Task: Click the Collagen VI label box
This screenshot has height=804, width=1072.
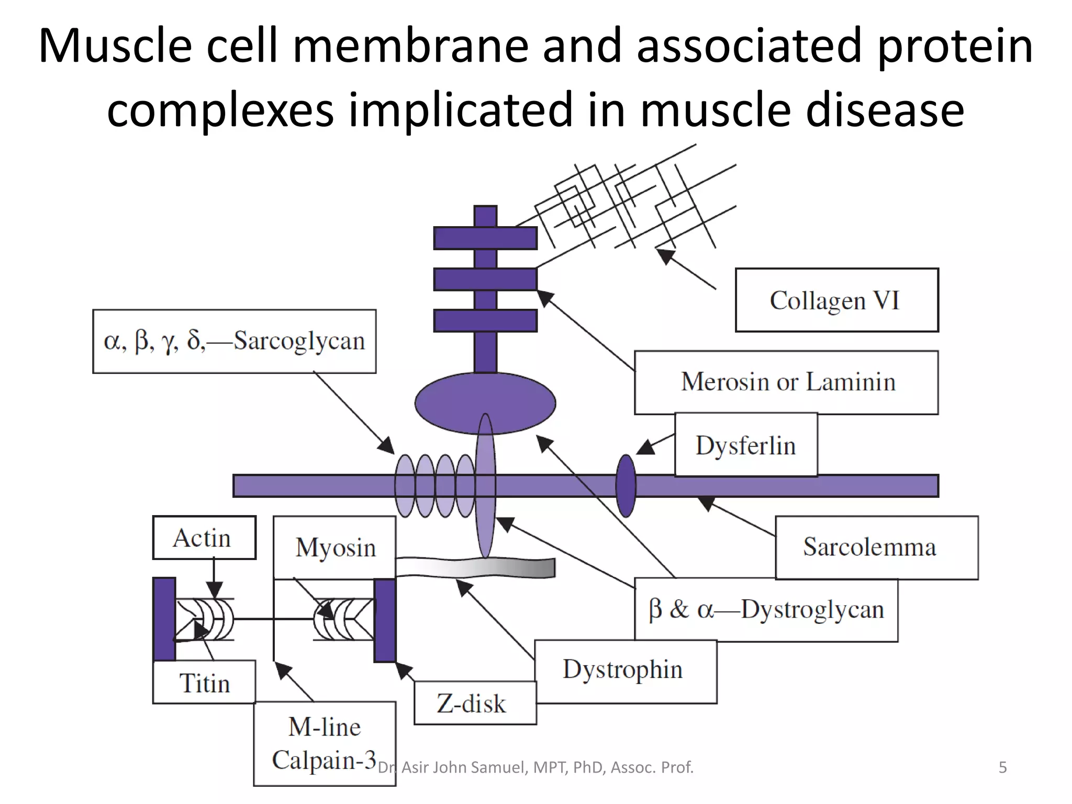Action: (836, 300)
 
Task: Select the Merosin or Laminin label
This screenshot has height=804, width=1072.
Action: (786, 382)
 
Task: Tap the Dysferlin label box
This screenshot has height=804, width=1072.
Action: (745, 445)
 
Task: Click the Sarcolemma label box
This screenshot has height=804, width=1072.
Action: (876, 547)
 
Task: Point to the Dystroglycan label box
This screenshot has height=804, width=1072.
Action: (766, 610)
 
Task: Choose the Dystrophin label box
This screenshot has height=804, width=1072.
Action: (625, 671)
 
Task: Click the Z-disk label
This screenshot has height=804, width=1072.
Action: (474, 703)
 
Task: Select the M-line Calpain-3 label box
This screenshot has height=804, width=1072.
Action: (325, 743)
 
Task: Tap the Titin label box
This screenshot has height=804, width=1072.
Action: (204, 683)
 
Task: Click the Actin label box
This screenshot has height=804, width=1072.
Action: (204, 538)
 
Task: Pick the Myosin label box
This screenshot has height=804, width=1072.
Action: (335, 548)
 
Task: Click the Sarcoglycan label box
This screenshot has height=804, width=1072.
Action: (234, 341)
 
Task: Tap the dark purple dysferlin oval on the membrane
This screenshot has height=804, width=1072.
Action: (626, 486)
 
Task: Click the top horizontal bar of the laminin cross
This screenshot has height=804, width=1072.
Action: (485, 238)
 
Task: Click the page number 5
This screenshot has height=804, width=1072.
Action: (1002, 767)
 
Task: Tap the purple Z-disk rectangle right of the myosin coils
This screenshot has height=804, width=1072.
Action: (385, 620)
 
